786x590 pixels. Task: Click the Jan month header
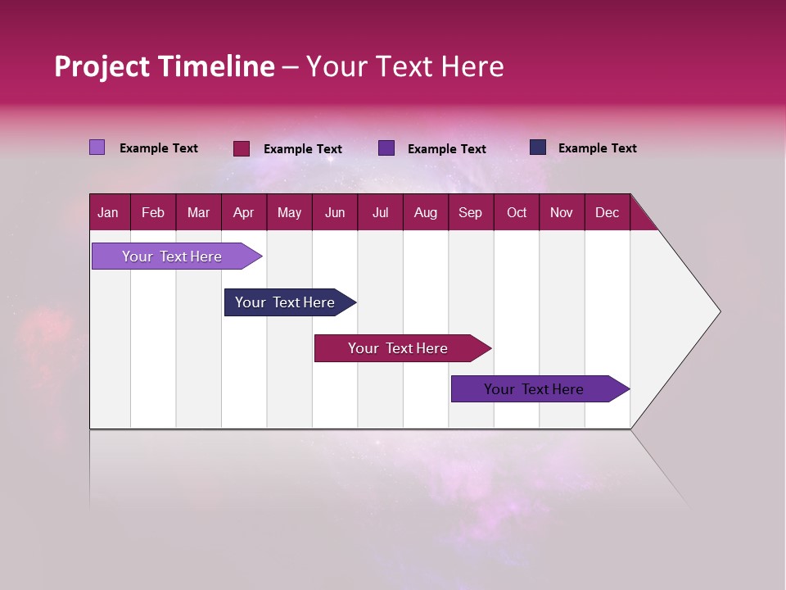pyautogui.click(x=108, y=212)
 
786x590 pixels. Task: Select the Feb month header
pyautogui.click(x=153, y=212)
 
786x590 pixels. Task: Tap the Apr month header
pyautogui.click(x=244, y=212)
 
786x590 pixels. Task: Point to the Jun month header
pyautogui.click(x=335, y=212)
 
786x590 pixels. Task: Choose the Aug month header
pyautogui.click(x=426, y=212)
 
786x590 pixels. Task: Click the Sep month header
pyautogui.click(x=471, y=212)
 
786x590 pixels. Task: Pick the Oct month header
pyautogui.click(x=517, y=212)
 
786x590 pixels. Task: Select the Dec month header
pyautogui.click(x=608, y=212)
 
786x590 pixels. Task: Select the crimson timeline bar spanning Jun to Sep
pyautogui.click(x=399, y=348)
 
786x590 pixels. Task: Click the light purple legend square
pyautogui.click(x=97, y=147)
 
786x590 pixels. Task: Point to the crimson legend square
pyautogui.click(x=242, y=148)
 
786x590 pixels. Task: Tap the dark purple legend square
pyautogui.click(x=386, y=148)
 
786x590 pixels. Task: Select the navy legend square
pyautogui.click(x=538, y=147)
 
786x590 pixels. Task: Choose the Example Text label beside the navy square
pyautogui.click(x=597, y=148)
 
